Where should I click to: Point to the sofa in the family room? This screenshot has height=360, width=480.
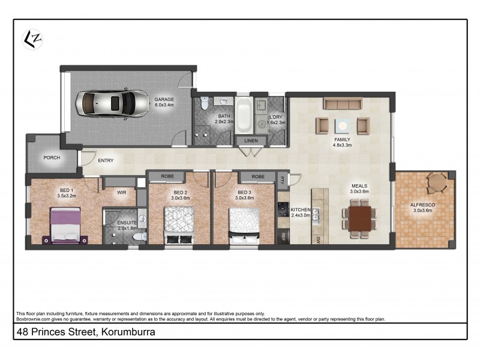click(342, 104)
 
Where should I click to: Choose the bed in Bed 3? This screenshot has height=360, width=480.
click(244, 224)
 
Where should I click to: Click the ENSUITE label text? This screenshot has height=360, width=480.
click(127, 223)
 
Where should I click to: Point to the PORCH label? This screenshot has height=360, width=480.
click(52, 158)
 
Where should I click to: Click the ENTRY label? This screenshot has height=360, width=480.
click(106, 160)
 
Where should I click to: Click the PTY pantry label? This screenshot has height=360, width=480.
click(282, 179)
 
